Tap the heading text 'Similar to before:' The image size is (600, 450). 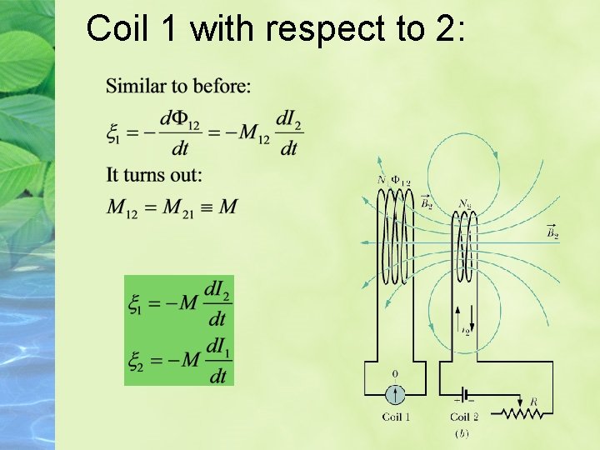[x=178, y=86]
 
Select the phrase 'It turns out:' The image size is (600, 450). [x=154, y=175]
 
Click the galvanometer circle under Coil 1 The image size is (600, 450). [x=395, y=393]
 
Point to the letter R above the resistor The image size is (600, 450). [x=534, y=402]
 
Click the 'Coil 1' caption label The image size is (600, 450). [x=396, y=417]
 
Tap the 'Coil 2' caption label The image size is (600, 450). [x=464, y=417]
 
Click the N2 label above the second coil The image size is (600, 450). [x=465, y=203]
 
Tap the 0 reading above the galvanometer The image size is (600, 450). [x=395, y=373]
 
